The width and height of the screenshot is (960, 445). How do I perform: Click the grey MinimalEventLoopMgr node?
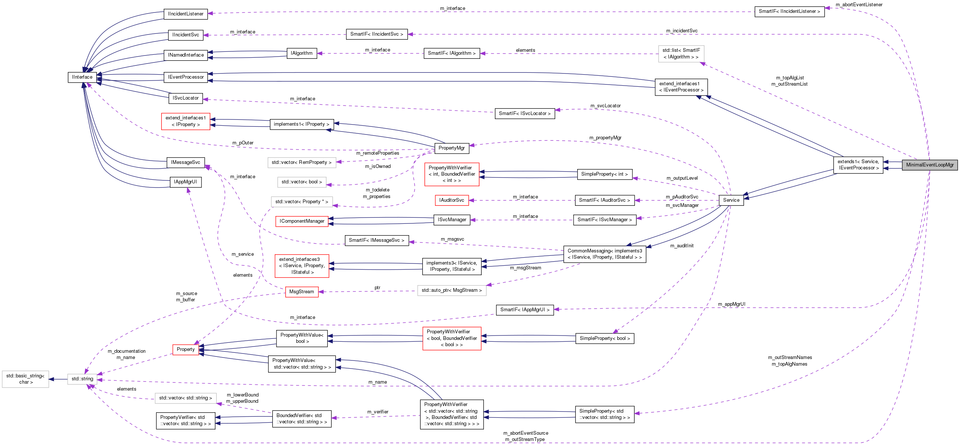point(929,165)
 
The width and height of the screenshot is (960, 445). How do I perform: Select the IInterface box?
point(82,77)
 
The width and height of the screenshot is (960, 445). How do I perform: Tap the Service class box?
point(731,200)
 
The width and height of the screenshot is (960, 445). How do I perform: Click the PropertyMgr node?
point(451,148)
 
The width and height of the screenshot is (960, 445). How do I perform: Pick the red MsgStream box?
point(301,291)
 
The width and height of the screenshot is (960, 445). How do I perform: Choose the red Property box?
point(186,349)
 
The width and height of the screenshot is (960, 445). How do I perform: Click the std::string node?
point(82,379)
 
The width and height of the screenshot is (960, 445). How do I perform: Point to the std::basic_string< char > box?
point(25,379)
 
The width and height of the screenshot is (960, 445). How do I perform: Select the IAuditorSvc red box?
point(451,200)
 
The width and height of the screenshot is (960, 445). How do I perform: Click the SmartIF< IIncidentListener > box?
point(789,11)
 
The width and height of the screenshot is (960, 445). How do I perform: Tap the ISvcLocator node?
point(186,98)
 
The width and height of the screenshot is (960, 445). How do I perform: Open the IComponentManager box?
point(302,221)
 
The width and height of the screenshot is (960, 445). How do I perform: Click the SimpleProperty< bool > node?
point(604,338)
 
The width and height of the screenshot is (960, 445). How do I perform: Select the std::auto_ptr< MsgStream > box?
point(451,290)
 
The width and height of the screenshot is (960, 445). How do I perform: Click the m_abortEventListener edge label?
point(859,4)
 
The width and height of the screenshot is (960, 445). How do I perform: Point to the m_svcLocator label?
point(605,106)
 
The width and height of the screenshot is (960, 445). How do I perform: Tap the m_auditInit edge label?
point(682,246)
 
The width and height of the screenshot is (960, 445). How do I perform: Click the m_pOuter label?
point(243,143)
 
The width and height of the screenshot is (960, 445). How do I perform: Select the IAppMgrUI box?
point(185,182)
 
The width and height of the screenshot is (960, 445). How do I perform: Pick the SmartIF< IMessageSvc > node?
point(376,240)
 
